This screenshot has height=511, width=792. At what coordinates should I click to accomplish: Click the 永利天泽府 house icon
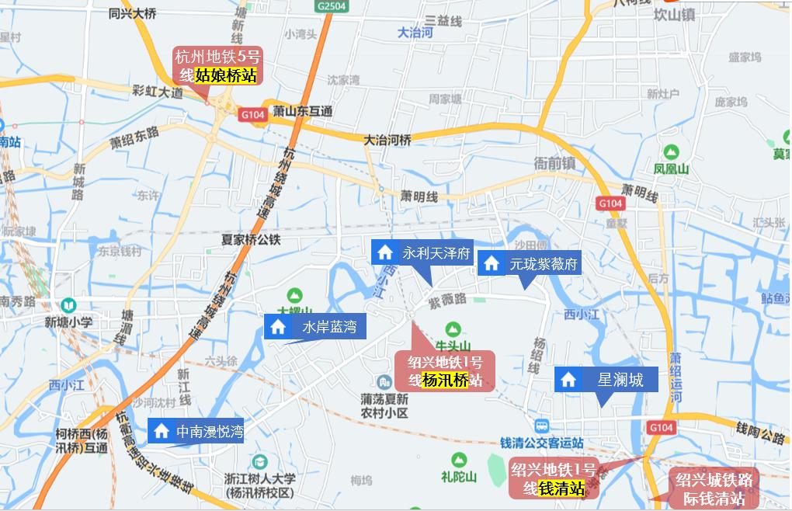pos(384,252)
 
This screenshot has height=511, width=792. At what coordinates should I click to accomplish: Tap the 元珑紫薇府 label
pos(544,264)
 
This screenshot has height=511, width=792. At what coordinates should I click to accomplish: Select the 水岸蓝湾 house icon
pos(277,327)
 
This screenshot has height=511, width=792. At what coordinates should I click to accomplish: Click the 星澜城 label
pos(620,380)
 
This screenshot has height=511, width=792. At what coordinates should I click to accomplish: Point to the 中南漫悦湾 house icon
pos(162,430)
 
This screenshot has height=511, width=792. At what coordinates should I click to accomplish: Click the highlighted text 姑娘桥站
pos(225,75)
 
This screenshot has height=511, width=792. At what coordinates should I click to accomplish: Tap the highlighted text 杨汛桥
pos(446,380)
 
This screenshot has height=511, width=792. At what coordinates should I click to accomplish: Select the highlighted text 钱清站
pos(562,488)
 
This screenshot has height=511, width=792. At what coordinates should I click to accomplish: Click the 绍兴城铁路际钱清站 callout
pos(714,488)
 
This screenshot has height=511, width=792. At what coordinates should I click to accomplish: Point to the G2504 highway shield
pos(330,5)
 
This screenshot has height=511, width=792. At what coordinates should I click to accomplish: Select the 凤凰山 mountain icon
pos(670,151)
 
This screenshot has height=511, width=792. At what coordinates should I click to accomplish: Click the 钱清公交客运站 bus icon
pos(541,426)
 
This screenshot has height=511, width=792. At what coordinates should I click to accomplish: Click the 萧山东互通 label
pos(303,112)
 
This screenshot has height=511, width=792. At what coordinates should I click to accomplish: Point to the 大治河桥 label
pos(387,140)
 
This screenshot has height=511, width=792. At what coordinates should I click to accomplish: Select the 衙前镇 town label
pos(554,163)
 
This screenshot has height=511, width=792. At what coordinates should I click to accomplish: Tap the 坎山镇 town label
pos(673,15)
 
